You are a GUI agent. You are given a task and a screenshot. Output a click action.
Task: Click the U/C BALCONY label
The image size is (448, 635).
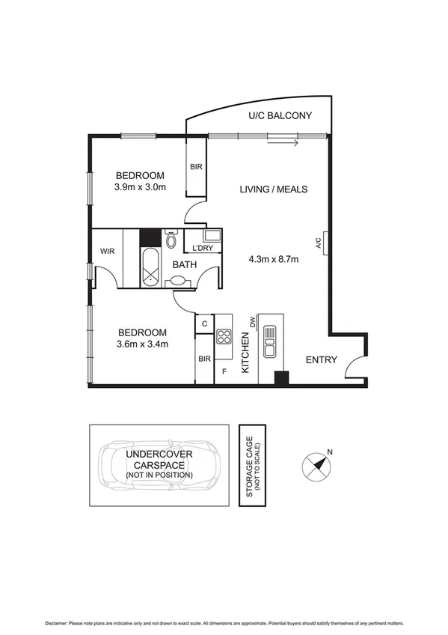click(280, 115)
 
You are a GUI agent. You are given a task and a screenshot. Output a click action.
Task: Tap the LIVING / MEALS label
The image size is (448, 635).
click(273, 189)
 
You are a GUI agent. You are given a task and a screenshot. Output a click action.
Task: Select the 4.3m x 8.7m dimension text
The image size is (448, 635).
click(273, 260)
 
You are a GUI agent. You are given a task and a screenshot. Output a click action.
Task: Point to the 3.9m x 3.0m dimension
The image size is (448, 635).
click(139, 186)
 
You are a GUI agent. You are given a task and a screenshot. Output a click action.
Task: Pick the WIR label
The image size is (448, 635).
click(107, 252)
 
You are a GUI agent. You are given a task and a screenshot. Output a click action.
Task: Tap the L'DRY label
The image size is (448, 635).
click(203, 248)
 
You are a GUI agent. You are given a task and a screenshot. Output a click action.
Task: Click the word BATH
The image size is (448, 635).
click(185, 264)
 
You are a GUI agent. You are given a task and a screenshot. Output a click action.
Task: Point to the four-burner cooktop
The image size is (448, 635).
click(224, 336)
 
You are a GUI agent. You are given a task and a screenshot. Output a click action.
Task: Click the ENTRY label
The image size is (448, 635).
click(322, 360)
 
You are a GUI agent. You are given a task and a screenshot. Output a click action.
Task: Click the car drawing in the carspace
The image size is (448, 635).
click(159, 464)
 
